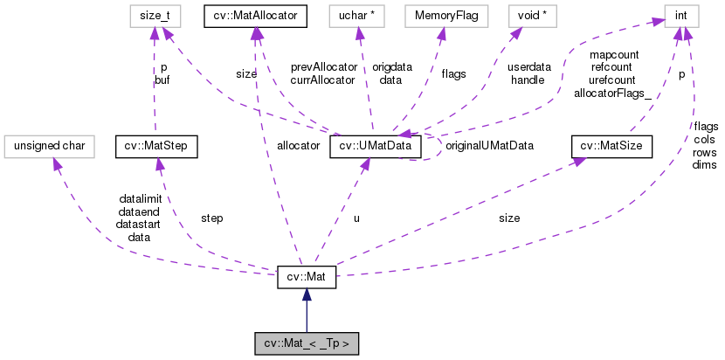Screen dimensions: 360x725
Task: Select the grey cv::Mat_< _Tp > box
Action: point(306,343)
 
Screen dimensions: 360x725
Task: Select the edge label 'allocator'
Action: point(298,146)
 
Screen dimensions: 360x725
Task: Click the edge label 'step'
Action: point(211,218)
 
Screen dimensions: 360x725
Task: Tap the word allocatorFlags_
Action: point(609,92)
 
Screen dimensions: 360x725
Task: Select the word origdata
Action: point(390,66)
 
